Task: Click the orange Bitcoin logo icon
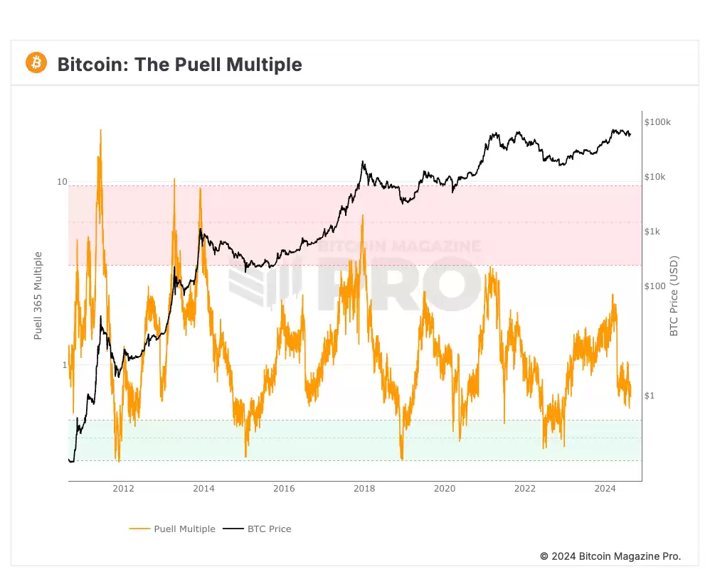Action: (36, 63)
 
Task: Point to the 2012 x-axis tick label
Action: (123, 488)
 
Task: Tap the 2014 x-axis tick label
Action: (203, 488)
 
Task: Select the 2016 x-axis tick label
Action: (284, 488)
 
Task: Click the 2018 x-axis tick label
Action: (364, 488)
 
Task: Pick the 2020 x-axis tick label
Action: (445, 488)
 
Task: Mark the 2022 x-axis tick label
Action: (525, 488)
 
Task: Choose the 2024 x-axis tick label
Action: (605, 488)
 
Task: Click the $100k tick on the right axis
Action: (657, 122)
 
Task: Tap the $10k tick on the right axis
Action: (655, 177)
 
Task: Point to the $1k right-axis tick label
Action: (652, 232)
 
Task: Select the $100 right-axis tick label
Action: (655, 286)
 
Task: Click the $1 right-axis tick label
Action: (650, 396)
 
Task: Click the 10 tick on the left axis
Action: (62, 183)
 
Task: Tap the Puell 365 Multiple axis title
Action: (39, 296)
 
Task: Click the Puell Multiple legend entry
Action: (172, 529)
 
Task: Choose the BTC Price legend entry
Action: (258, 529)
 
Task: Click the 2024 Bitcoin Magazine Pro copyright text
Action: (610, 556)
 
